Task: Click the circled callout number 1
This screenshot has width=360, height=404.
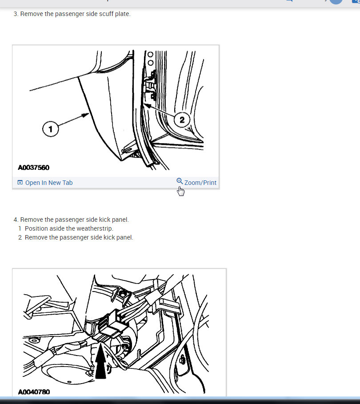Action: point(51,129)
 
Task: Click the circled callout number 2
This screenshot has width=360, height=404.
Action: point(182,120)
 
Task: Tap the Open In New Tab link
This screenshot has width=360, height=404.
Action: point(49,183)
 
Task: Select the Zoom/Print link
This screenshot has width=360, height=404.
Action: point(200,183)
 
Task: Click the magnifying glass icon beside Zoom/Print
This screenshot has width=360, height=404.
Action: point(180,181)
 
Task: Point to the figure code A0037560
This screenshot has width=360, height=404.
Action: point(33,168)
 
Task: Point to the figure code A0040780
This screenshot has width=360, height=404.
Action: point(34,392)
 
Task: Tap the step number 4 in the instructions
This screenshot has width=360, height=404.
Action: point(16,220)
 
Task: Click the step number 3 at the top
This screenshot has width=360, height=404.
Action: point(16,14)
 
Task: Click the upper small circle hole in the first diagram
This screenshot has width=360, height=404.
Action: point(151,54)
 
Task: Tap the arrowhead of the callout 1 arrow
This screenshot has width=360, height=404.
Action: point(85,115)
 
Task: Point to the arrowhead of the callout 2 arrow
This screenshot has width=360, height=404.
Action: point(147,105)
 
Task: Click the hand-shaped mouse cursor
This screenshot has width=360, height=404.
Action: point(180,191)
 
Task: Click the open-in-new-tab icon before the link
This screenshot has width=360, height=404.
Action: point(20,182)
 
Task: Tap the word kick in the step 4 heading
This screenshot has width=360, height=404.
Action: point(105,220)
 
